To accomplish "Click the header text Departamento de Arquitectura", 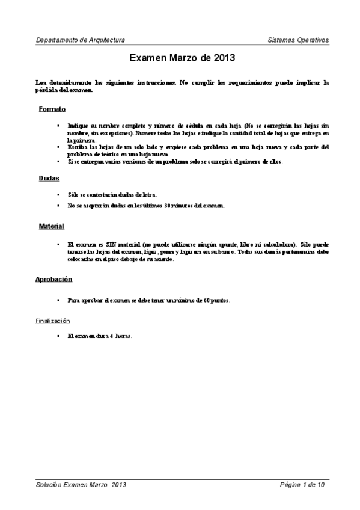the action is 81,40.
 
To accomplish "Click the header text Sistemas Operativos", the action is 298,40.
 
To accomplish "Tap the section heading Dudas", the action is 49,179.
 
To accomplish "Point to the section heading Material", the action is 52,226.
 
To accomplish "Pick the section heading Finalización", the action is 53,321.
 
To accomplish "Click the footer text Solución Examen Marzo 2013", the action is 81,484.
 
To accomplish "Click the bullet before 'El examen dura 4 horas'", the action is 58,336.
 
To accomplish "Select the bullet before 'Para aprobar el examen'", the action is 58,299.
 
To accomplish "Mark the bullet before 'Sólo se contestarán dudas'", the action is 58,195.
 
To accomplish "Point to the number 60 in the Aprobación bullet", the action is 196,299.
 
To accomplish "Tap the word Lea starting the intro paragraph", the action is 41,82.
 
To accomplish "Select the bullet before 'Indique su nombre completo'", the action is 58,126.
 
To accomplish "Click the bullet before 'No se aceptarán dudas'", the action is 58,206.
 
